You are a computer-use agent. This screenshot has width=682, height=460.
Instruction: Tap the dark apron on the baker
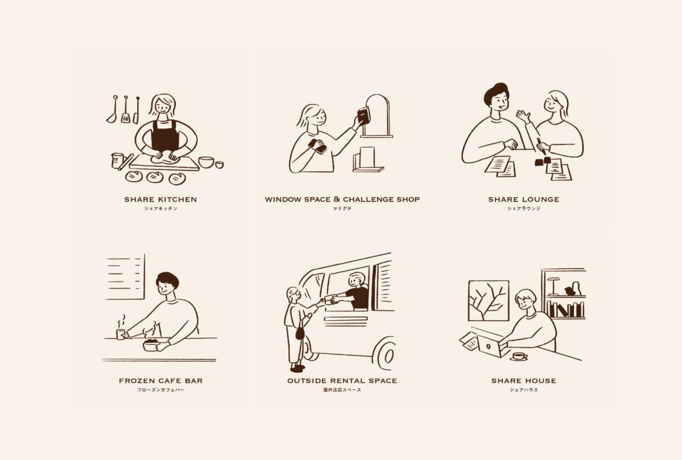click(x=165, y=135)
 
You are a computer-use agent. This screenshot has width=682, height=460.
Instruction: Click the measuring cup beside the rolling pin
click(x=117, y=160)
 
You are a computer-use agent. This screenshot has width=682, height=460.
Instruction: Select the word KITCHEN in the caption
click(x=177, y=200)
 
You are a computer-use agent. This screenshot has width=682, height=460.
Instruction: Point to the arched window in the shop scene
click(x=377, y=115)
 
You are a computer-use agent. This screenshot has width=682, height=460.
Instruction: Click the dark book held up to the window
click(x=364, y=116)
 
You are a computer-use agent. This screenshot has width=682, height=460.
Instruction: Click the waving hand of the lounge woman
click(x=523, y=116)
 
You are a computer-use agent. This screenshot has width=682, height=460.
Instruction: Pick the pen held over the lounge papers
click(x=541, y=146)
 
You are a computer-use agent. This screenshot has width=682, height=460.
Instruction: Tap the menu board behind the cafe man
click(x=125, y=277)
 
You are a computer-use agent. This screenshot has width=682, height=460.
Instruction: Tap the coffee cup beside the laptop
click(x=518, y=357)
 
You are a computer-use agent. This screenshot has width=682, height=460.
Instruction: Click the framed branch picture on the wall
click(x=488, y=300)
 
